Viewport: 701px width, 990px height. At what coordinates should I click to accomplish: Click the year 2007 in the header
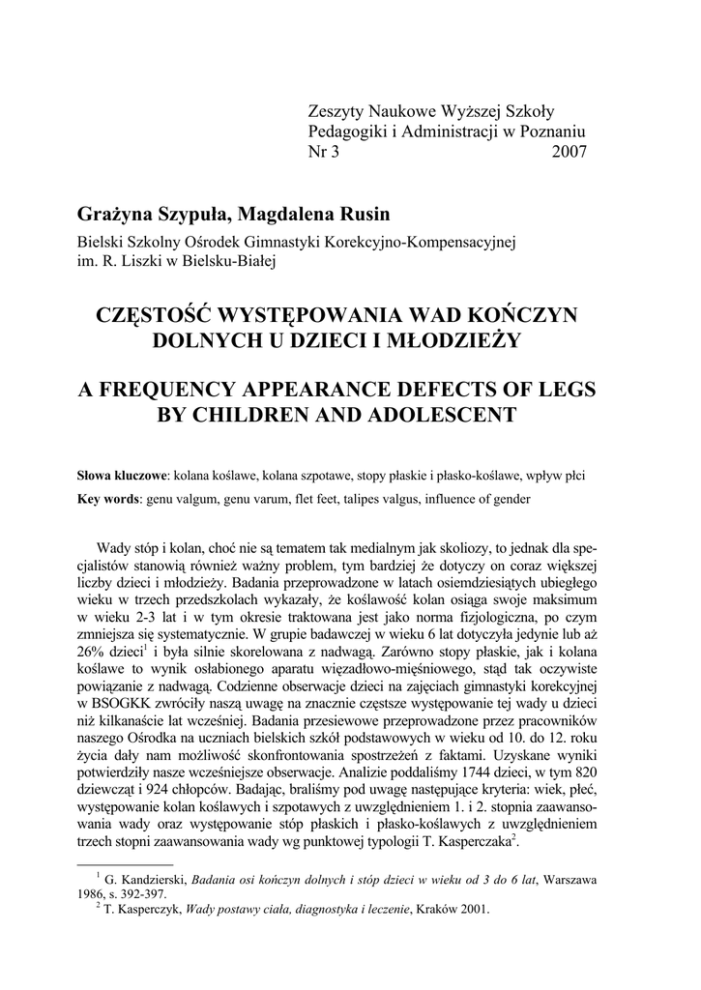pos(569,152)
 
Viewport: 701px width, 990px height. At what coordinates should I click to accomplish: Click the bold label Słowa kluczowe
pos(123,477)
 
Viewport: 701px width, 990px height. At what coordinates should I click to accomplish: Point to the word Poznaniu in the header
pos(554,131)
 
